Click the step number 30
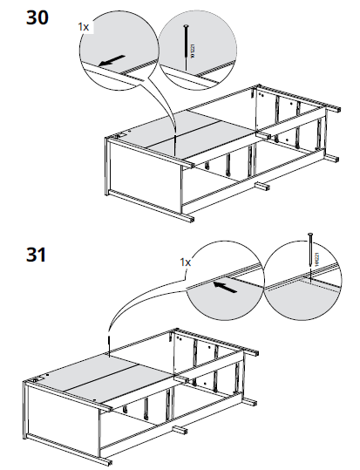37,17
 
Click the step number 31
37,255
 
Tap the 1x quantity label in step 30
84,28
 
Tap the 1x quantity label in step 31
185,262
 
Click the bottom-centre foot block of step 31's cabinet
179,431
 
